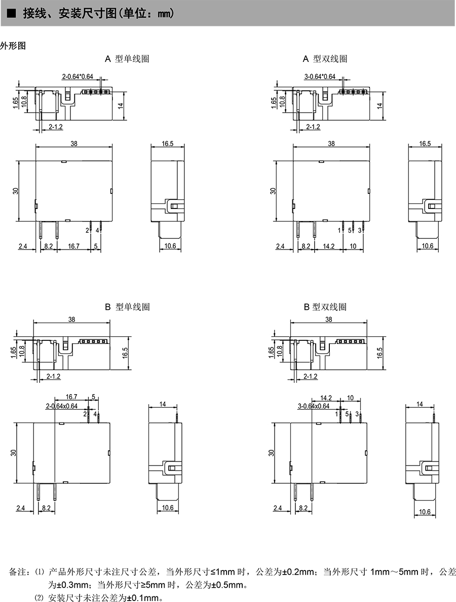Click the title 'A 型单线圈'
point(127,59)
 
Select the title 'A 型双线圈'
point(325,59)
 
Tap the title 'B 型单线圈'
point(127,307)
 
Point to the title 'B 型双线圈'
point(325,307)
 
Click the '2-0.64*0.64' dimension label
point(78,77)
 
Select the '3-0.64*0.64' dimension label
point(320,77)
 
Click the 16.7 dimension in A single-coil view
point(73,246)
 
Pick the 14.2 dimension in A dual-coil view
point(329,246)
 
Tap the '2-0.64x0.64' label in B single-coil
point(62,406)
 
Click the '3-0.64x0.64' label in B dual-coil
point(314,406)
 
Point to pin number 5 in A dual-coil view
point(350,230)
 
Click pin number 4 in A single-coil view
point(97,230)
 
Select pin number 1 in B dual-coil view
point(337,414)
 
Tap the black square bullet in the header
point(12,14)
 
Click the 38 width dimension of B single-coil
point(72,320)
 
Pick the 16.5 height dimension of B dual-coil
point(380,353)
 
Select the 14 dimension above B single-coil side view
point(163,404)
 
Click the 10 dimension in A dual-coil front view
point(353,246)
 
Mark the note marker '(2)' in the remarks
point(40,598)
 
